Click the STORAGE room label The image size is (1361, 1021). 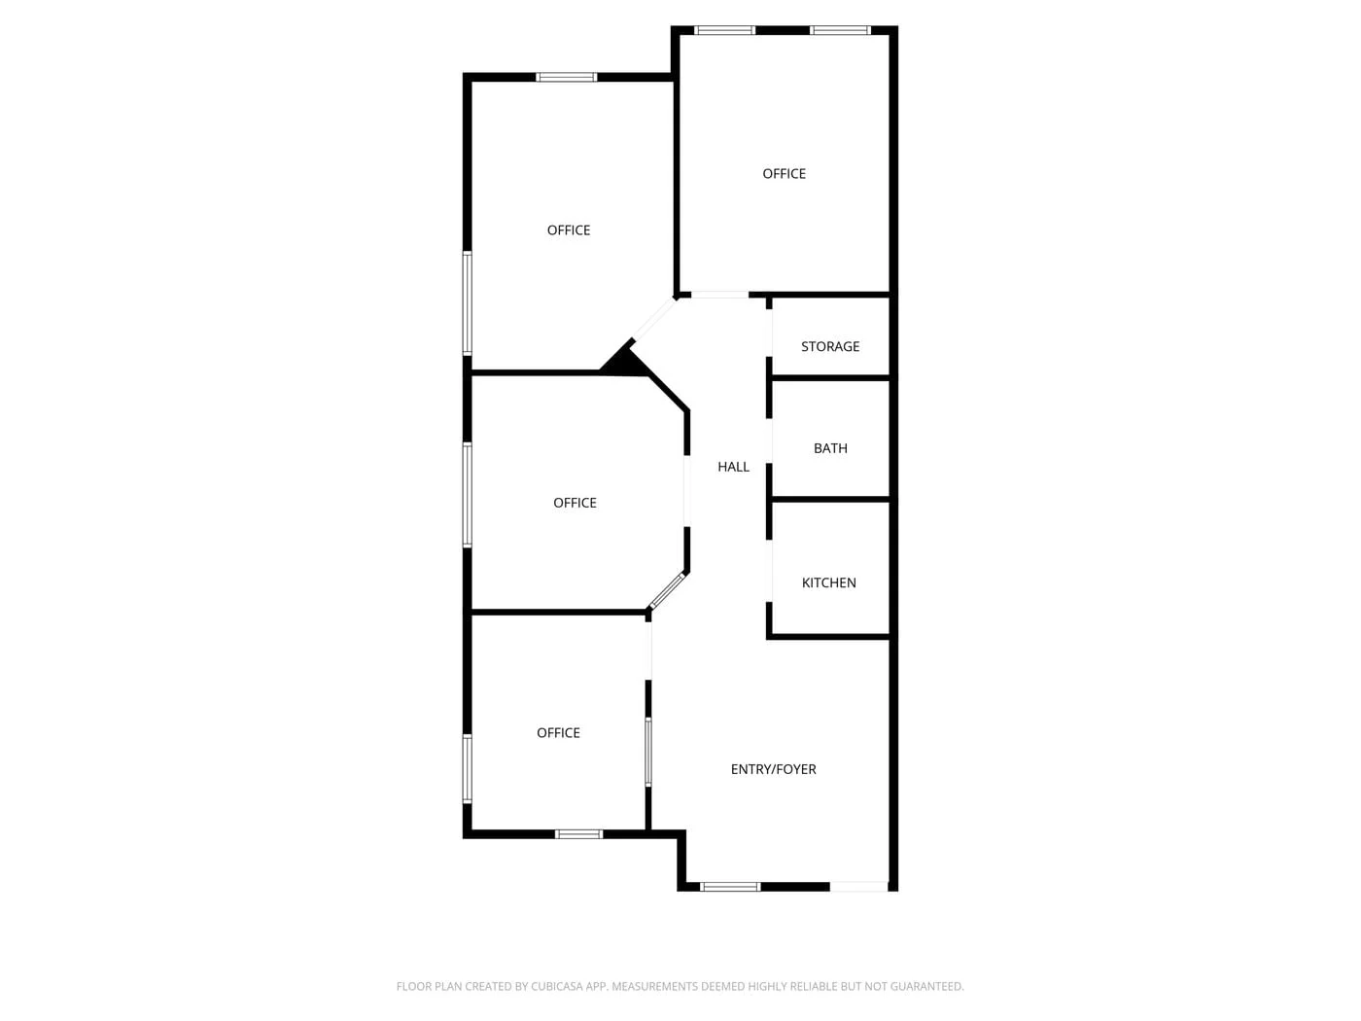point(830,346)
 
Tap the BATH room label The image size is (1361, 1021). point(830,448)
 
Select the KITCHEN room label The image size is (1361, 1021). point(828,582)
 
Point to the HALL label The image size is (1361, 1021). point(733,467)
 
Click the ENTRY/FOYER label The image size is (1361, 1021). point(773,769)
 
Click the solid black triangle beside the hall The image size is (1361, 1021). point(624,362)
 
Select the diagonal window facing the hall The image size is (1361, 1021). point(668,590)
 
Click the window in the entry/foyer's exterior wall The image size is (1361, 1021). point(730,886)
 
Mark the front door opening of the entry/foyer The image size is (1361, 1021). point(859,886)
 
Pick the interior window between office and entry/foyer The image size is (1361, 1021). point(648,752)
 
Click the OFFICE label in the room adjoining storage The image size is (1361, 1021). point(784,174)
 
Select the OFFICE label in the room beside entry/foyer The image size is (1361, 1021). point(558,733)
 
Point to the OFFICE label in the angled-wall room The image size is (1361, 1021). point(575,503)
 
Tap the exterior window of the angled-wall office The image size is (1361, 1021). point(468,495)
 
